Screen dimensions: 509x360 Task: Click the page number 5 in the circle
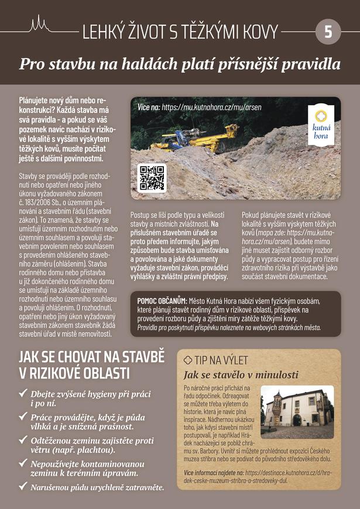tap(328, 32)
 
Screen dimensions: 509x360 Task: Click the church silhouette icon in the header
tap(39, 24)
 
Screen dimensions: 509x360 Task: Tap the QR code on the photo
tap(152, 178)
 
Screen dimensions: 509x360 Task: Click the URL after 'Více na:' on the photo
tap(211, 108)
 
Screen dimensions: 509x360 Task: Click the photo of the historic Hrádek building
tap(297, 412)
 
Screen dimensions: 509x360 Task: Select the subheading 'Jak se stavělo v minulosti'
tap(232, 375)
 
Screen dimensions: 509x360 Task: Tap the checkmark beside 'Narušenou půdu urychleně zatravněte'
tap(23, 486)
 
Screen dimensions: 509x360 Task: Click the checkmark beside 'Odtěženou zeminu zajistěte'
tap(23, 440)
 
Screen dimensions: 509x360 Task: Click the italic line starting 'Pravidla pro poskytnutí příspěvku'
tap(229, 328)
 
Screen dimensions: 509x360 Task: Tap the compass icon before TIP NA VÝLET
tap(188, 360)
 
